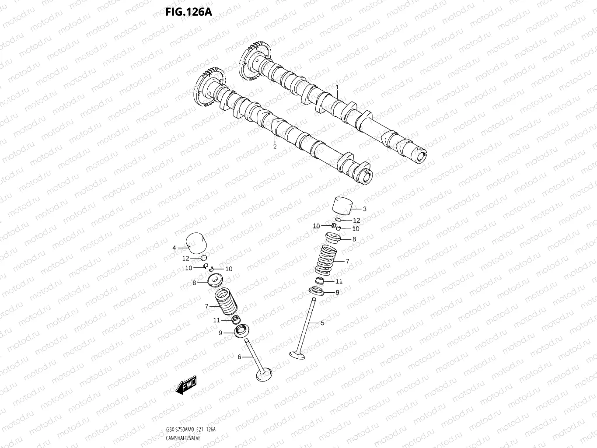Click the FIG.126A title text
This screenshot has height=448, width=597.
(188, 12)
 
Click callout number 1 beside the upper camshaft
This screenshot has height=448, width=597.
(337, 87)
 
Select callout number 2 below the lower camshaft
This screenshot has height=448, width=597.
(275, 147)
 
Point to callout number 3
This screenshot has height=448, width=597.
(364, 209)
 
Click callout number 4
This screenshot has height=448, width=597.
(174, 248)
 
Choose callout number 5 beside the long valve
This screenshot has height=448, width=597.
(322, 323)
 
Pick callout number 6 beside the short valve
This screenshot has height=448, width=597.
(239, 357)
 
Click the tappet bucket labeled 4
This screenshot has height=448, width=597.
(196, 243)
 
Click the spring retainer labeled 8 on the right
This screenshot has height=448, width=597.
(336, 239)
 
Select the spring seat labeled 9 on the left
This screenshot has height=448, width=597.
(240, 332)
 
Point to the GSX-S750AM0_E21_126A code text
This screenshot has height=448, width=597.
(191, 429)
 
